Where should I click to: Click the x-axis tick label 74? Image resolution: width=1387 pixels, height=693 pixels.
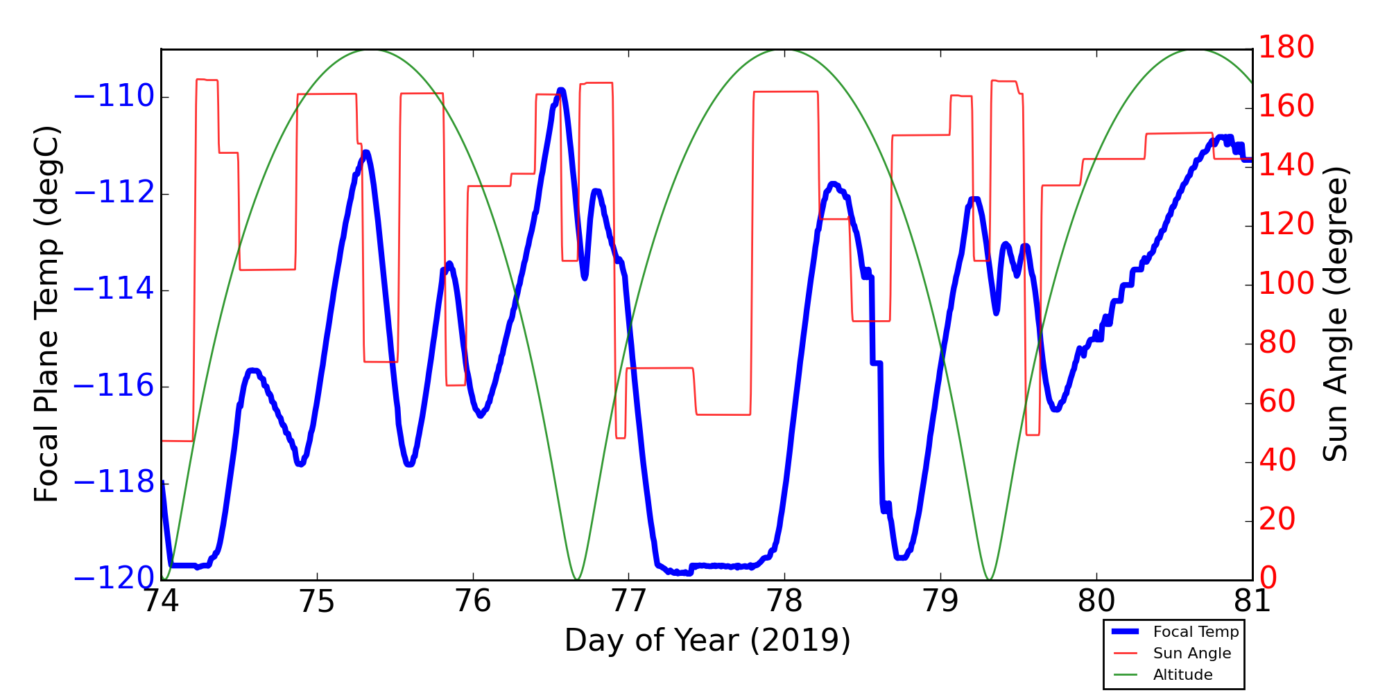coord(161,602)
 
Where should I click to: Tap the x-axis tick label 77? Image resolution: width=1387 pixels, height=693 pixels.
coord(628,602)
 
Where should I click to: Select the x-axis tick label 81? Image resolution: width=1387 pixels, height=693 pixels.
coord(1252,602)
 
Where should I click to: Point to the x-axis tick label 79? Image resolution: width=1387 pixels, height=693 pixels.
coord(940,602)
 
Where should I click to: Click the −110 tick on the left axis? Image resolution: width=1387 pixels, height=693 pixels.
coord(114,97)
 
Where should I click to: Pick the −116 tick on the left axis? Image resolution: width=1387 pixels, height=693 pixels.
coord(114,386)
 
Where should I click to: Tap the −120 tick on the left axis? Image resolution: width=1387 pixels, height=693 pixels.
coord(114,579)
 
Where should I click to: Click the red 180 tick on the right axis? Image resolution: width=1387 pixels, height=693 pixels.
coord(1286,48)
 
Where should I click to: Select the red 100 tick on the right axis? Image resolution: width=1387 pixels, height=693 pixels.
coord(1286,284)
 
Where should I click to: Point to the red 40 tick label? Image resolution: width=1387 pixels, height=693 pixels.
coord(1277,461)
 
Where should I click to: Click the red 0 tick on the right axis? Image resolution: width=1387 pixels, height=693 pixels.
coord(1268,579)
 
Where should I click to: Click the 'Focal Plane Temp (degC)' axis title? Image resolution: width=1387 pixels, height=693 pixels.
coord(46,314)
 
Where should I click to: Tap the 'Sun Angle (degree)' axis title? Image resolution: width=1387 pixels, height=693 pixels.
coord(1334,314)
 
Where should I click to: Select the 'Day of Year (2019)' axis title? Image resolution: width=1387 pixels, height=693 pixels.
coord(707,640)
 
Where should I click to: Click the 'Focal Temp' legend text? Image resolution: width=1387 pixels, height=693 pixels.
coord(1196,632)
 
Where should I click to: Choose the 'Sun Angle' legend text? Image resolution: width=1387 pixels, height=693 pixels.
coord(1191,653)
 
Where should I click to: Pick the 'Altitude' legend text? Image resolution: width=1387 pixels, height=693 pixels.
coord(1182,675)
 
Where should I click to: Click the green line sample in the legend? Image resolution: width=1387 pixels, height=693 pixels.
coord(1128,675)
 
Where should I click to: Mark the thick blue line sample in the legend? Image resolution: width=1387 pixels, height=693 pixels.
coord(1128,631)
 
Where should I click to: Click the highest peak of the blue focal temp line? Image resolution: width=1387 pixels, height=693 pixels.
coord(560,91)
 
